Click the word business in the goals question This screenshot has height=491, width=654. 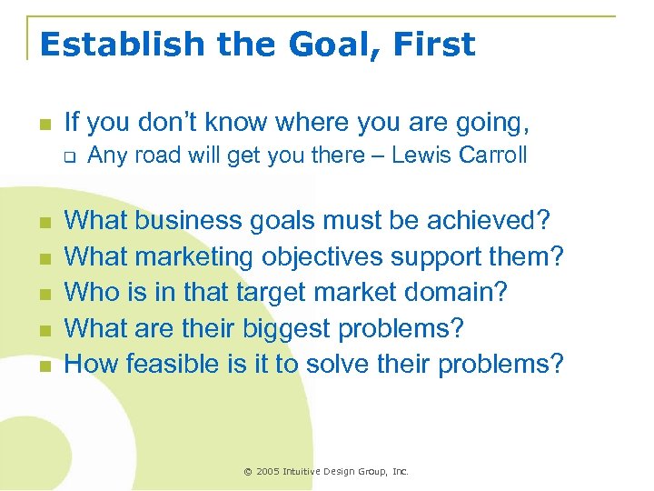201,221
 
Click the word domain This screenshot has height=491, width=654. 471,293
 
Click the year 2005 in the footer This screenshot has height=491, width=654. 268,472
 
